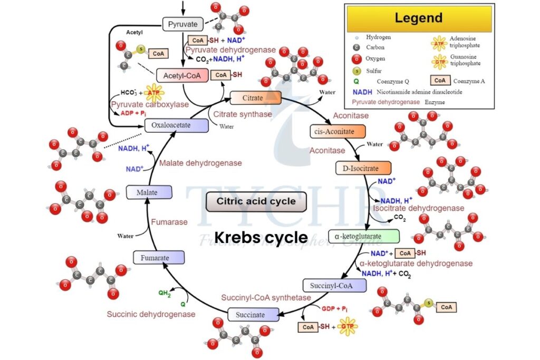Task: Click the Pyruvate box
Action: [182, 24]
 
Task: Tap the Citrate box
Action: [256, 98]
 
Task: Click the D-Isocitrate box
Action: [363, 168]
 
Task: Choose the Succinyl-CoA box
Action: [334, 285]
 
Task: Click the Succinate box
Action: [253, 315]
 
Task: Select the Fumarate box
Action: [159, 258]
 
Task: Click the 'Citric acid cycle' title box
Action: [256, 201]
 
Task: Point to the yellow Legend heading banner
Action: [419, 18]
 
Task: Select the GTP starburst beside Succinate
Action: [348, 327]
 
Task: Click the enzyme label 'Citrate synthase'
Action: [243, 114]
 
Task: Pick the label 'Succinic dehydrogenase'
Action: [151, 314]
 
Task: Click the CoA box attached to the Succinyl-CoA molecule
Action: [446, 307]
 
